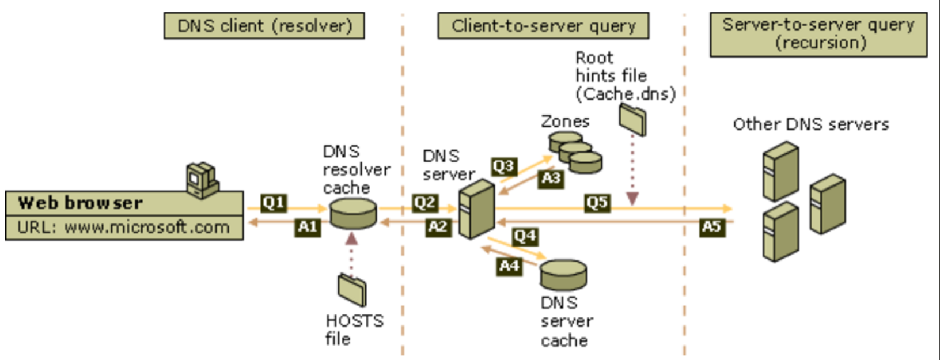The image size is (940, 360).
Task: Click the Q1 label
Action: [x=274, y=203]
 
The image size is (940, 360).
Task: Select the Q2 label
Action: [x=425, y=203]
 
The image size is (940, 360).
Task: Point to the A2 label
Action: [x=438, y=226]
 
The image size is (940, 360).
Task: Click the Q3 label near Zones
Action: [x=503, y=166]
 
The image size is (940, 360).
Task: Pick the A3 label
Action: [x=551, y=178]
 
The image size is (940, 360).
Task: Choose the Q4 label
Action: [x=525, y=236]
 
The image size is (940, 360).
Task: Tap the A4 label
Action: [x=509, y=266]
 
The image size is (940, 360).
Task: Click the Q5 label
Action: [x=597, y=203]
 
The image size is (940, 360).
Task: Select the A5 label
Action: [x=711, y=226]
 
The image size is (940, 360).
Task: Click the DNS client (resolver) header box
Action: [x=264, y=26]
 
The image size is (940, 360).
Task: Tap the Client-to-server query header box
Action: [x=543, y=26]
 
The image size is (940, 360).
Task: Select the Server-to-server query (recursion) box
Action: [x=818, y=34]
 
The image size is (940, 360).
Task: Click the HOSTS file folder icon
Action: [x=352, y=289]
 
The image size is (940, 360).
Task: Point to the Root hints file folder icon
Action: [x=632, y=119]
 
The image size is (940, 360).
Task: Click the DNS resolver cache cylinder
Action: [x=353, y=213]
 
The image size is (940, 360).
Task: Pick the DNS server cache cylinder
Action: [x=563, y=274]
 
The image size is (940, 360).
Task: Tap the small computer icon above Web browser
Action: [x=202, y=180]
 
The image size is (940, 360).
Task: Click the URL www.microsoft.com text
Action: [x=123, y=227]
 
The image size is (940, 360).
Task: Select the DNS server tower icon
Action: [x=476, y=209]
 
